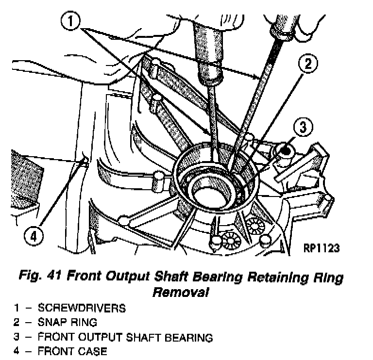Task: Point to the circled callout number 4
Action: click(32, 237)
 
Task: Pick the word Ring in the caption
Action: click(327, 278)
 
